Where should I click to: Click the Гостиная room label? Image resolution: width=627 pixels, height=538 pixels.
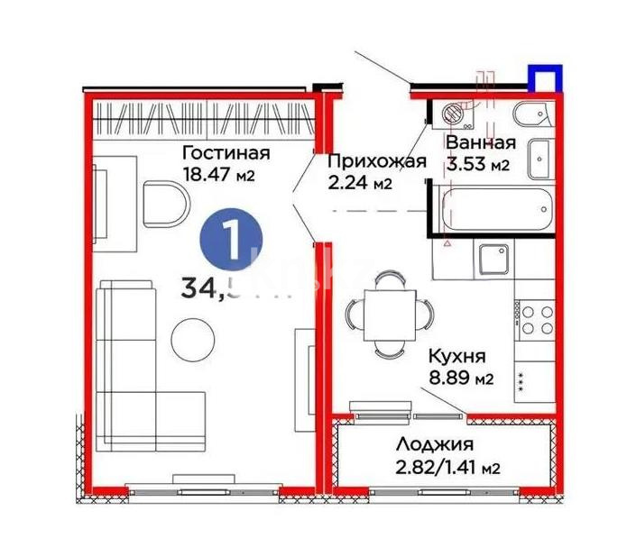tap(223, 151)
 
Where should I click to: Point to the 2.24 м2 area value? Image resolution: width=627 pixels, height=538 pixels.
tap(359, 184)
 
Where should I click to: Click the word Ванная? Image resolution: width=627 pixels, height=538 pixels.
tap(481, 143)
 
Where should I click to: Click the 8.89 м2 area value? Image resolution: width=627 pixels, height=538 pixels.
tap(460, 378)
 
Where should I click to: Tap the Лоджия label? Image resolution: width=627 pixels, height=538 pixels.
tap(434, 444)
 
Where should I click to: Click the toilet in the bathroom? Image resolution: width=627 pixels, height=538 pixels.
tap(526, 115)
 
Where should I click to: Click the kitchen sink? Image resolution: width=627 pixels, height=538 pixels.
tap(493, 262)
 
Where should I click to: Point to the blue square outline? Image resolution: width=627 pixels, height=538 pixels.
tap(542, 78)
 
